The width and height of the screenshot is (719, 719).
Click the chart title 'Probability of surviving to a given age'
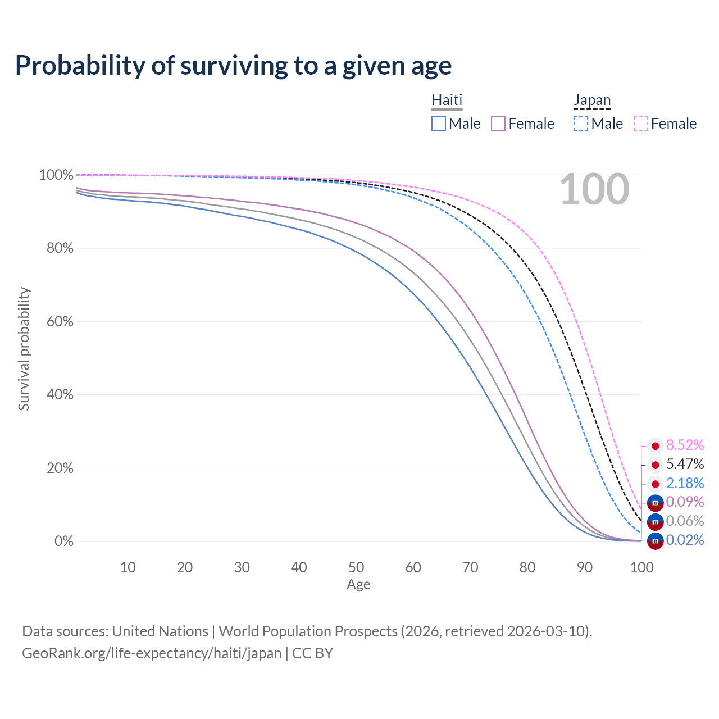pos(233,66)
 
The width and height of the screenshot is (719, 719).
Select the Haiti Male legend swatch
pos(439,124)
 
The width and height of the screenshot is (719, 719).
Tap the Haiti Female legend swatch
pos(498,124)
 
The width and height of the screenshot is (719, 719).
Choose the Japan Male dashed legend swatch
pos(581,124)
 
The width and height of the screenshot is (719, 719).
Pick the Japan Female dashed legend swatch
pos(641,124)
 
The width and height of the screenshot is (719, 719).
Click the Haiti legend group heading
pos(447,100)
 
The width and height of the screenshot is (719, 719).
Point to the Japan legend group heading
pos(592,100)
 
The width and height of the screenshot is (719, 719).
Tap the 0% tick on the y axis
pos(63,541)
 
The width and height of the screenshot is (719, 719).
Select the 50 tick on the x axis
pos(356,567)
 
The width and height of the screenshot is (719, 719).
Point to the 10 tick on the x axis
pos(128,567)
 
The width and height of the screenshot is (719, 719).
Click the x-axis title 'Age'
pos(358,585)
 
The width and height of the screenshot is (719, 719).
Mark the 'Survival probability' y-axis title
pos(24,349)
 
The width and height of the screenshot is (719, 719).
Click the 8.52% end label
pos(685,445)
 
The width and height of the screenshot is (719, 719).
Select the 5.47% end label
pos(685,465)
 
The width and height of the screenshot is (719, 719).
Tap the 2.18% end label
pos(685,483)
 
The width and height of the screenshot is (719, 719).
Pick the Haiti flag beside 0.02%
pos(655,540)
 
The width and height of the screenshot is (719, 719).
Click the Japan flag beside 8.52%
pos(655,446)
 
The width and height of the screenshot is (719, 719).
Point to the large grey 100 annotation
pos(594,190)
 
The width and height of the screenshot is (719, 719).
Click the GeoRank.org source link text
pos(152,653)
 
